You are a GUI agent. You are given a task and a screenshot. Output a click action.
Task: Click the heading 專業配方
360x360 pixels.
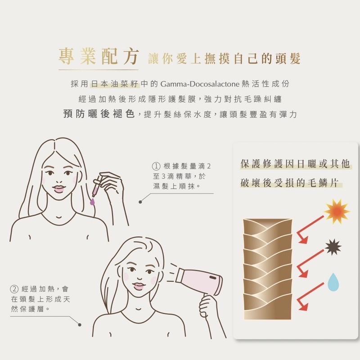click(x=99, y=57)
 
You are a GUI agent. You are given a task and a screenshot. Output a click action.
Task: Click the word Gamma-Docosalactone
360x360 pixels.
click(x=200, y=84)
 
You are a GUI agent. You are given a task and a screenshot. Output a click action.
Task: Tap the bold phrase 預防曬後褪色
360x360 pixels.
click(x=99, y=114)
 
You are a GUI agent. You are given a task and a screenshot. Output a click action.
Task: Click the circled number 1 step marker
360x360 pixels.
click(x=156, y=166)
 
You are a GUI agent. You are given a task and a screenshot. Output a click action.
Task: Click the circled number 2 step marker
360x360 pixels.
click(x=14, y=289)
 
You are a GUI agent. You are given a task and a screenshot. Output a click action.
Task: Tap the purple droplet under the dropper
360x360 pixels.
click(x=92, y=201)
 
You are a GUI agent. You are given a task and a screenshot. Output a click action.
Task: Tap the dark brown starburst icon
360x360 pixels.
click(x=333, y=247)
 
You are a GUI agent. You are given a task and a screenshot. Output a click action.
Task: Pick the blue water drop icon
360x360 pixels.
click(x=333, y=282)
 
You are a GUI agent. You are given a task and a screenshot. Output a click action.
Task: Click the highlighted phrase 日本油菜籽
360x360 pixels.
click(x=115, y=84)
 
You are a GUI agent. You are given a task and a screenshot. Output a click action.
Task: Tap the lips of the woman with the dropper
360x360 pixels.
click(x=59, y=189)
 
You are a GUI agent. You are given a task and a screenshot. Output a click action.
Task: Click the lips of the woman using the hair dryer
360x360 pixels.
click(x=139, y=286)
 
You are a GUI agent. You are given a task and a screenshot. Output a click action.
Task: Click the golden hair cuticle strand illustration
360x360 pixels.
click(x=267, y=269)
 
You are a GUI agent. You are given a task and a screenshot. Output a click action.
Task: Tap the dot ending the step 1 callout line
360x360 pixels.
click(x=140, y=202)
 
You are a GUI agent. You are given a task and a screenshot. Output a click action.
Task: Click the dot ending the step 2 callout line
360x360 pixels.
click(x=80, y=324)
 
